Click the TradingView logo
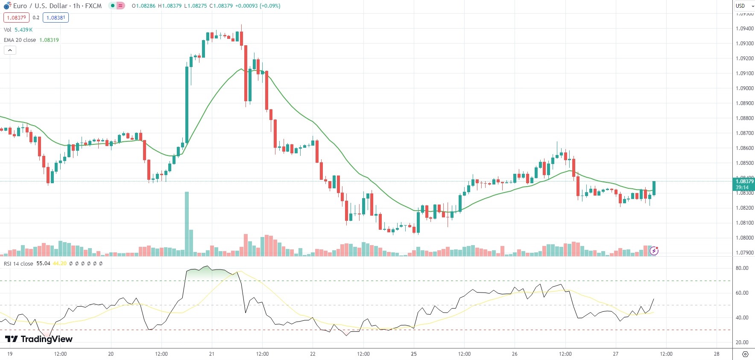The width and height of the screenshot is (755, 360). pos(39,339)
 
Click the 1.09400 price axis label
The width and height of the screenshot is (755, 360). pos(744,29)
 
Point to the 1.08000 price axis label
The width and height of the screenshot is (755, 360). pos(744,238)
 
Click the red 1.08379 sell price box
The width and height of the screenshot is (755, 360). pos(16,18)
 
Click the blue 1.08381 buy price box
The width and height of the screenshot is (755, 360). pos(56,18)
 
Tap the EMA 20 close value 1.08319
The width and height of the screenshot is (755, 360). pos(49,40)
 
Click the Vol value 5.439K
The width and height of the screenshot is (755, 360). pos(23,29)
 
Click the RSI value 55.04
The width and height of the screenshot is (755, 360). pos(43,263)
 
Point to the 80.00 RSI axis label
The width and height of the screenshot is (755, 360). pos(742,268)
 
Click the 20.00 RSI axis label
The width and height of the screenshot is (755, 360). pos(742,342)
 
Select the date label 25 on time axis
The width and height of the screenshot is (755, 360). pos(414,354)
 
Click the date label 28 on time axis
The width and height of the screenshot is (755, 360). pos(717,354)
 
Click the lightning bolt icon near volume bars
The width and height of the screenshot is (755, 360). pos(654,251)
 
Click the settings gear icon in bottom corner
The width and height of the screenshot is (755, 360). pos(745,354)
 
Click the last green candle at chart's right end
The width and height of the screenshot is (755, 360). pos(654,188)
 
